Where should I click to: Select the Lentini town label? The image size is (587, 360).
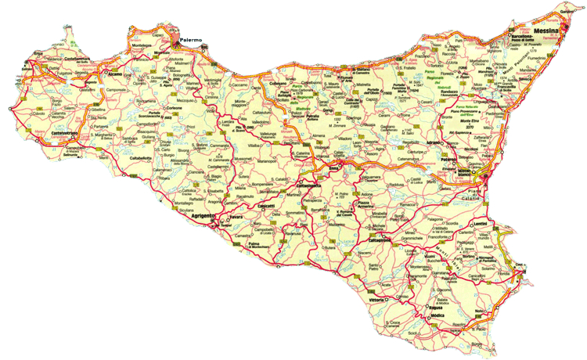click(x=481, y=223)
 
